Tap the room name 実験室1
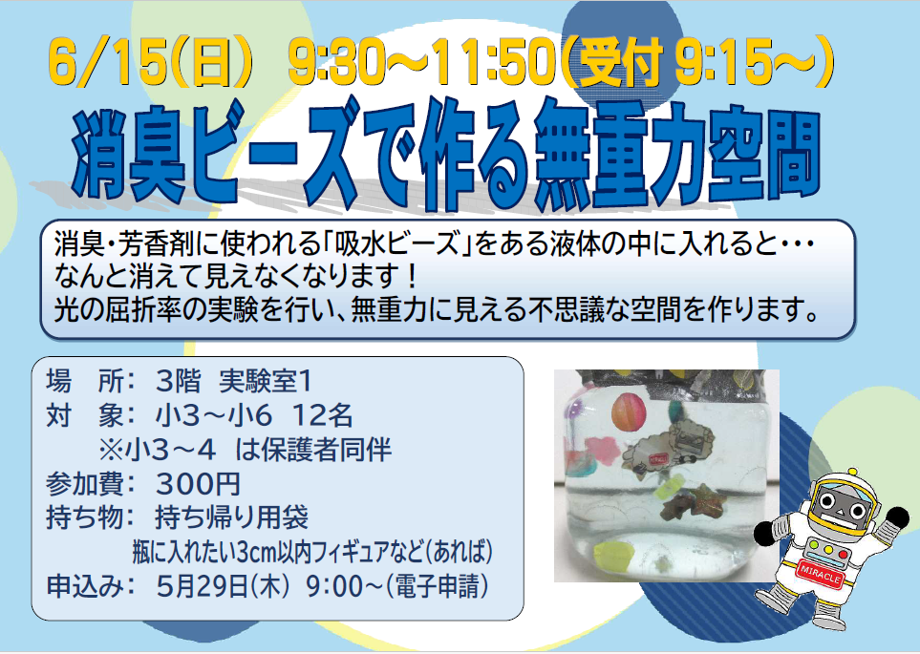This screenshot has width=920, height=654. click(266, 382)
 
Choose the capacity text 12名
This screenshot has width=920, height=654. click(322, 416)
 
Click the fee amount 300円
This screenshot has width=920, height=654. click(199, 484)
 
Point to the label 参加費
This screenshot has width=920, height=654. click(85, 484)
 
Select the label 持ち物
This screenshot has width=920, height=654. click(85, 517)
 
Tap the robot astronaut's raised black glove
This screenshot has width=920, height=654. click(897, 519)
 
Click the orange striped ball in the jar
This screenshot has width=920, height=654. click(629, 411)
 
